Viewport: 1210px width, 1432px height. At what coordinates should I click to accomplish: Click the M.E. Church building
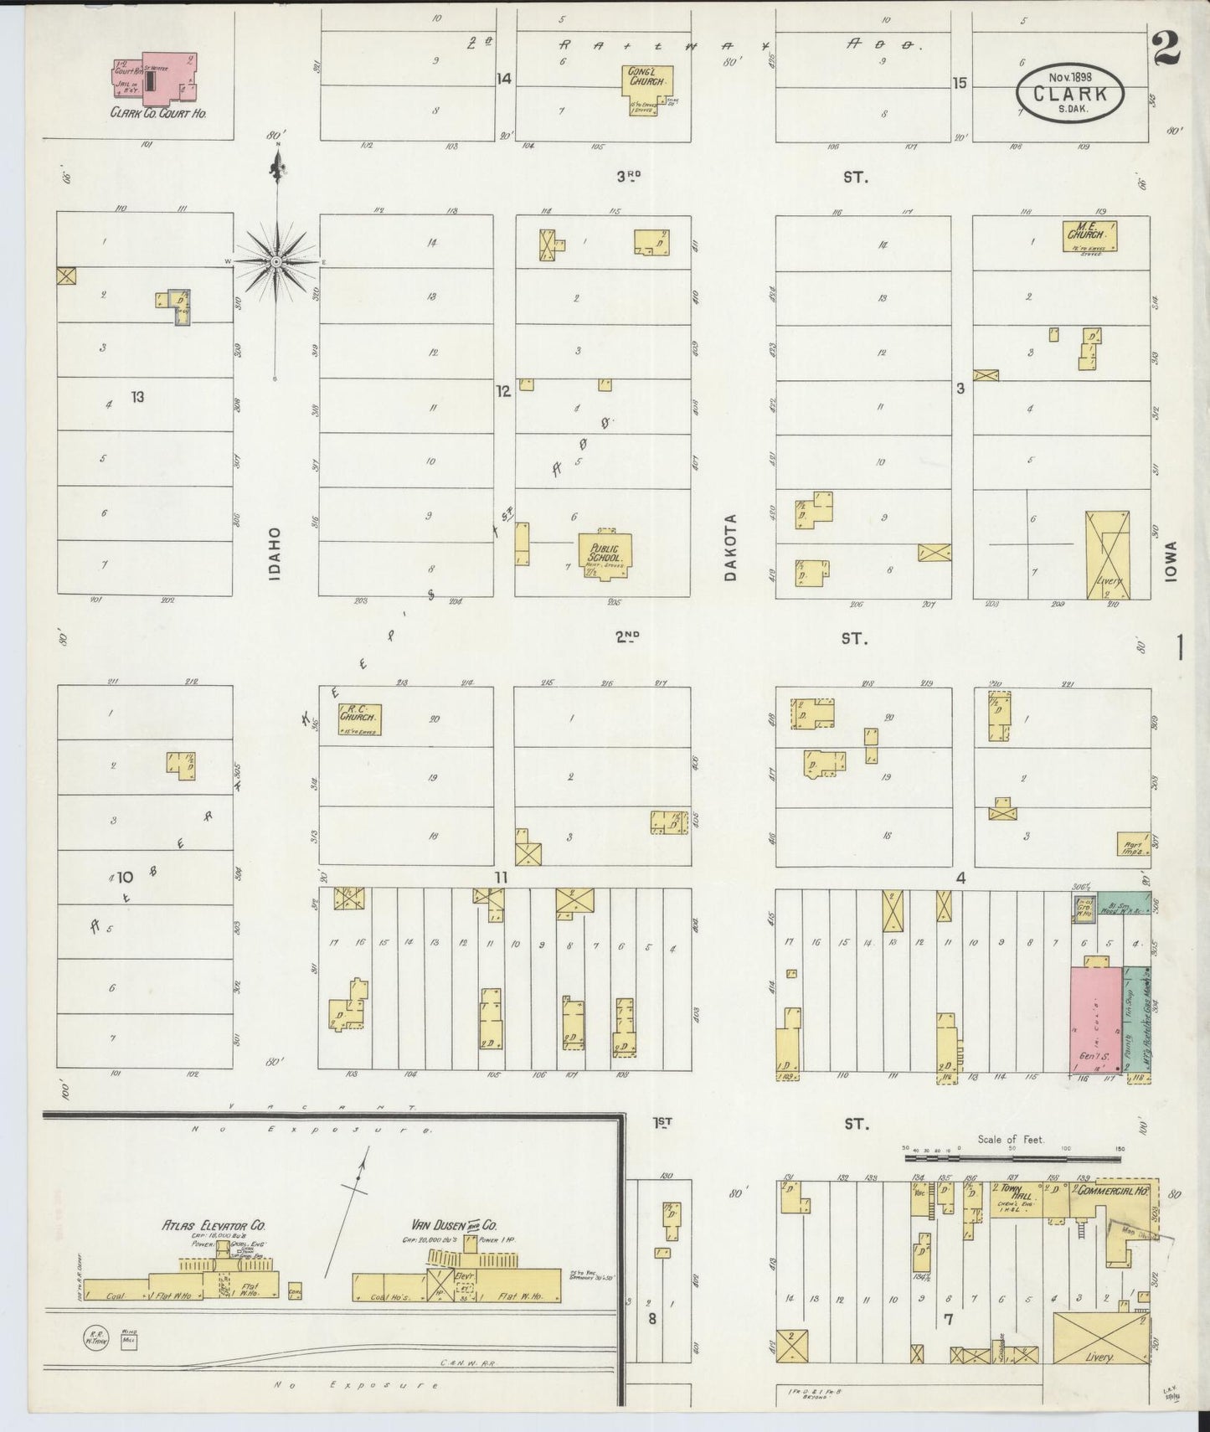pyautogui.click(x=1089, y=235)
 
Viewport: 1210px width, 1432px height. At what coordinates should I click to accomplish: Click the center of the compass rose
pyautogui.click(x=275, y=262)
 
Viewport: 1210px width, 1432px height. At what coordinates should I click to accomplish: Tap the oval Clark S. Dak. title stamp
pyautogui.click(x=1070, y=95)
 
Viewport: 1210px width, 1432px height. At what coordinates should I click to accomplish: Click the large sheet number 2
pyautogui.click(x=1166, y=47)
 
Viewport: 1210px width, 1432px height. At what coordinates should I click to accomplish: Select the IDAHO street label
pyautogui.click(x=275, y=554)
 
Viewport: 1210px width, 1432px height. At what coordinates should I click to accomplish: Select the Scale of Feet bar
pyautogui.click(x=1013, y=1159)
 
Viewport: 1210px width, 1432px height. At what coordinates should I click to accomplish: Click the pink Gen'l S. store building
pyautogui.click(x=1097, y=1018)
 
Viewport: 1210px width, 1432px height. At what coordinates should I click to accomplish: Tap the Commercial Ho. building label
pyautogui.click(x=1111, y=1190)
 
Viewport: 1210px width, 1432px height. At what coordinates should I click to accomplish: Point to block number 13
pyautogui.click(x=137, y=396)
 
